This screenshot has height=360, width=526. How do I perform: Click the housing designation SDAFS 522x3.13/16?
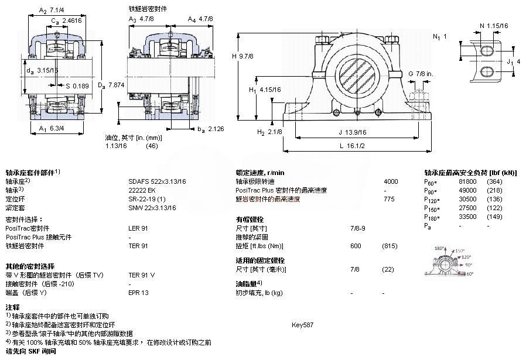click(157, 181)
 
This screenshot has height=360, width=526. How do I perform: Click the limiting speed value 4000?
click(391, 181)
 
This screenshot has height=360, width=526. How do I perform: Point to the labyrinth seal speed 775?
click(388, 199)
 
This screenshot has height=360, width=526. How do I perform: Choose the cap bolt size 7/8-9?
click(358, 228)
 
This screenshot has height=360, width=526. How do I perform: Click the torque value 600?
click(356, 245)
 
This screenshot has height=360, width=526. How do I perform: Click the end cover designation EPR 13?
click(138, 292)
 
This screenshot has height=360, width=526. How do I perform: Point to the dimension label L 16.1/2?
click(352, 145)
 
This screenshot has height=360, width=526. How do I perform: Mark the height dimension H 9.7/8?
click(242, 56)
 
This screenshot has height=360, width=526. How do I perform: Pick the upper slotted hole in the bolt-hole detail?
click(488, 52)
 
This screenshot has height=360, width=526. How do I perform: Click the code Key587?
click(303, 324)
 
